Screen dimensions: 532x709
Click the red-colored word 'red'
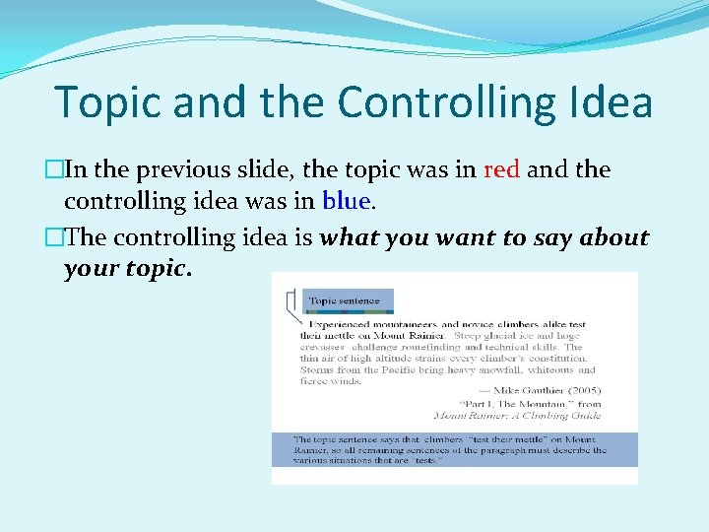pyautogui.click(x=502, y=169)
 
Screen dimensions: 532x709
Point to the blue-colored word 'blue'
pyautogui.click(x=345, y=202)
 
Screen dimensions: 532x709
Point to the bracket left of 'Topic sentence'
pyautogui.click(x=290, y=306)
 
